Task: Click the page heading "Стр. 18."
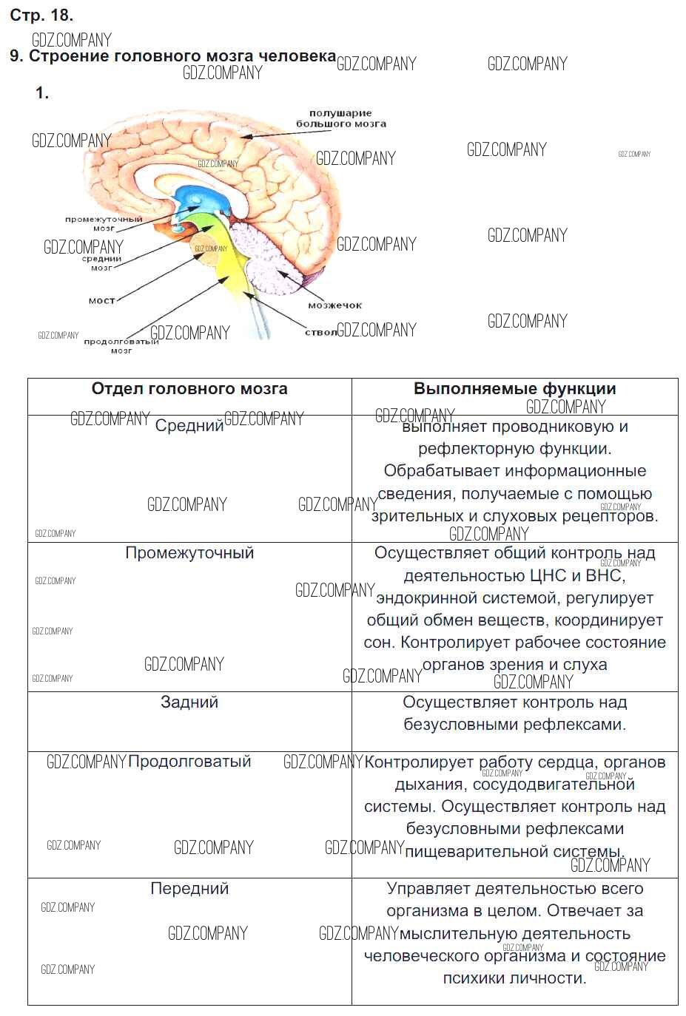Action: click(41, 15)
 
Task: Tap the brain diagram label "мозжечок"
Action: click(334, 305)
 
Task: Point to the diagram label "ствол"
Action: click(320, 332)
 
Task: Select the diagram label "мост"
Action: click(101, 301)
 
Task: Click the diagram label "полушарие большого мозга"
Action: click(340, 118)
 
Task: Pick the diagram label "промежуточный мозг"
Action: click(104, 223)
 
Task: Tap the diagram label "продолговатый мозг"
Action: click(121, 345)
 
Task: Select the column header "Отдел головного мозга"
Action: click(189, 389)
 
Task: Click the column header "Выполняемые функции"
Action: click(514, 389)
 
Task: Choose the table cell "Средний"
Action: click(189, 426)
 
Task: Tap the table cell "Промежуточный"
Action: click(189, 553)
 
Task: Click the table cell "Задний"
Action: click(189, 702)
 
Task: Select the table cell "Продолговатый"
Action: click(189, 762)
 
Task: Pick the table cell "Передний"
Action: click(189, 889)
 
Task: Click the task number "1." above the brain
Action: click(42, 93)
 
